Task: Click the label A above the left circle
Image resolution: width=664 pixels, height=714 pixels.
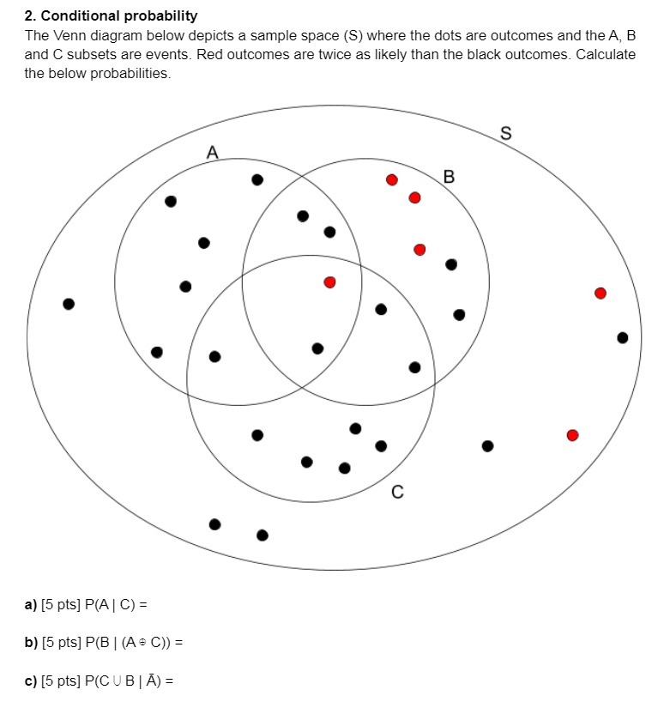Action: [x=213, y=153]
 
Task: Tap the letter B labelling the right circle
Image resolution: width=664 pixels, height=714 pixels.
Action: [x=449, y=178]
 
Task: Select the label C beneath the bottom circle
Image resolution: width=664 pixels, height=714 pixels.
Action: [x=396, y=493]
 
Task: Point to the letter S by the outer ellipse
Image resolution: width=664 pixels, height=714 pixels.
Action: [x=505, y=134]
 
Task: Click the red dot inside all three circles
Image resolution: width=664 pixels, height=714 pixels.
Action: [x=329, y=281]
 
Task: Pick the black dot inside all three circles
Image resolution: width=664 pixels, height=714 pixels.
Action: [x=317, y=348]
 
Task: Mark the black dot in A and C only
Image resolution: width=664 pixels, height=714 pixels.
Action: [x=214, y=356]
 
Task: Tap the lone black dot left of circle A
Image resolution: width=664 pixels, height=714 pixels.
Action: [x=69, y=304]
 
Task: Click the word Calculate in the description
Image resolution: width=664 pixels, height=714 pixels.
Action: [x=607, y=54]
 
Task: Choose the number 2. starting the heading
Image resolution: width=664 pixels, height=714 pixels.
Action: [x=31, y=15]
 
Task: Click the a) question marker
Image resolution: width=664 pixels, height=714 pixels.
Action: [x=31, y=604]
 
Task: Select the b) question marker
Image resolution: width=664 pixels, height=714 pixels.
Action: [x=31, y=643]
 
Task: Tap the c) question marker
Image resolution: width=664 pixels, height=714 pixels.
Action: [x=31, y=681]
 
